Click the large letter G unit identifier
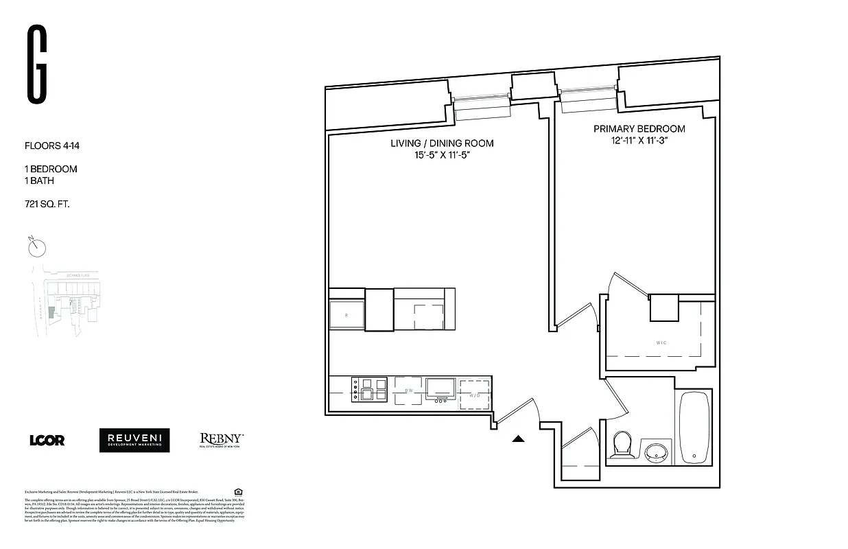tap(37, 65)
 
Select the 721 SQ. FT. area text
tap(47, 205)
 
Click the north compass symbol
tap(37, 246)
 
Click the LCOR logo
tap(47, 441)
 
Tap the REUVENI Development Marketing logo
tap(134, 441)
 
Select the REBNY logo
tap(221, 440)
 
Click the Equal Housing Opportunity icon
tap(238, 491)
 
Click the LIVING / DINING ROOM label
tap(442, 143)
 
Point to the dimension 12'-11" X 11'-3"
tap(639, 141)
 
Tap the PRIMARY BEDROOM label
tap(639, 129)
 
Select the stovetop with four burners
tap(370, 389)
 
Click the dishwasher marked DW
tap(408, 390)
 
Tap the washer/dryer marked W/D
tap(475, 394)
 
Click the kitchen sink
tap(440, 388)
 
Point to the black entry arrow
tap(519, 439)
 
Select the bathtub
tap(694, 428)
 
